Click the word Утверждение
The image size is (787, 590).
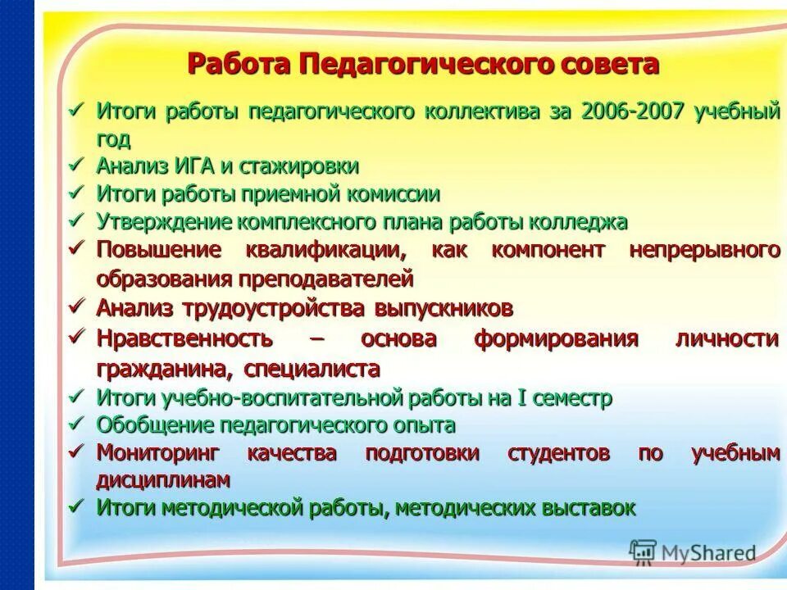click(x=166, y=221)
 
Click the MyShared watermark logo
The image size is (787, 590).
click(x=693, y=552)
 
